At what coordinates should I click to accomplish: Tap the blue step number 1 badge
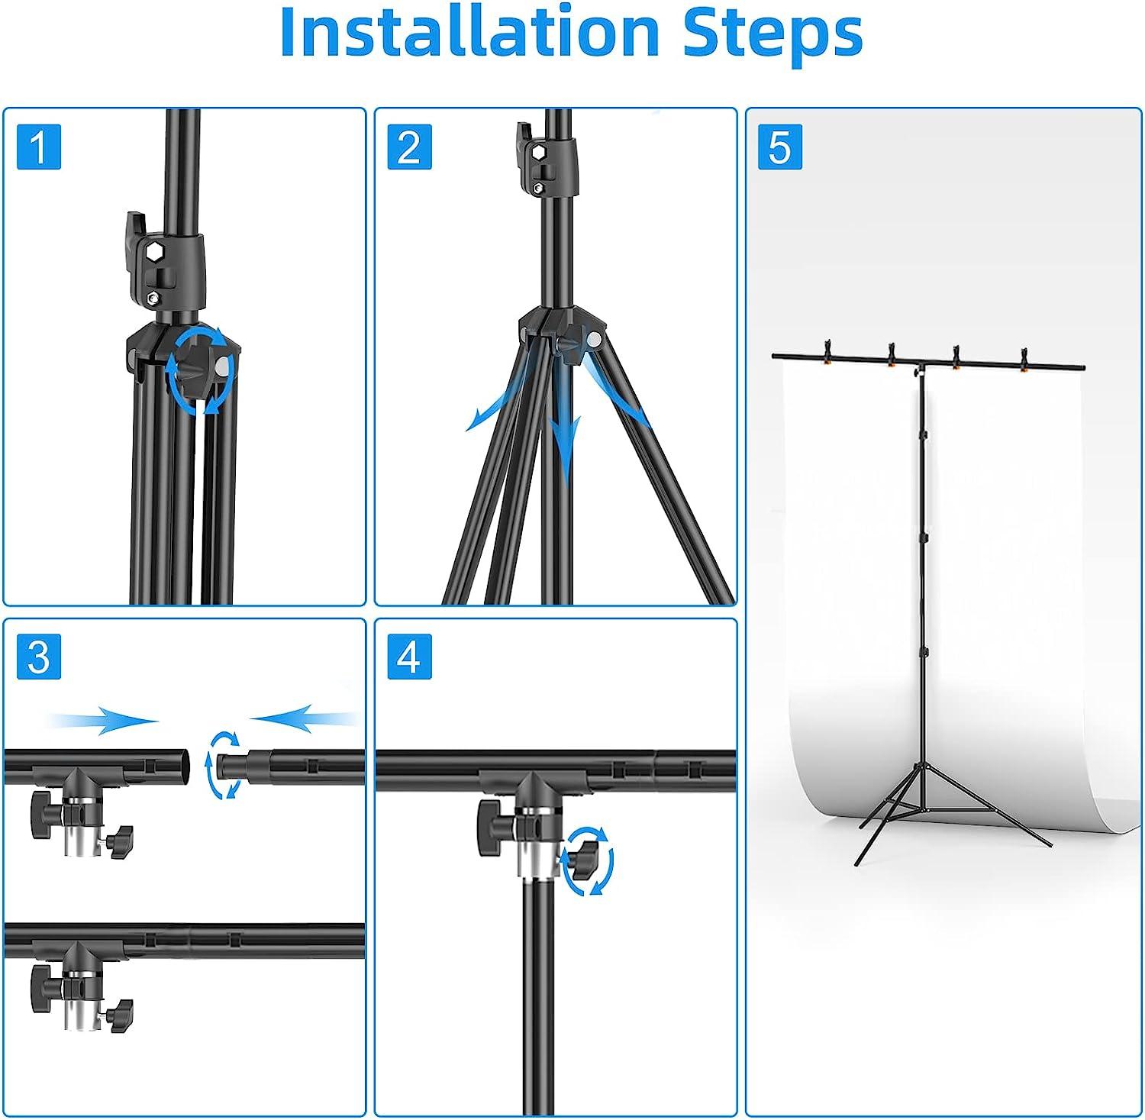click(38, 147)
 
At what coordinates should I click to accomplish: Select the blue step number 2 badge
click(409, 147)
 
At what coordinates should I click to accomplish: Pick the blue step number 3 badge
click(38, 656)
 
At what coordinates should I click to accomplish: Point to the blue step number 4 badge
click(409, 656)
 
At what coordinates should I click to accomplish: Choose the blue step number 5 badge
click(779, 147)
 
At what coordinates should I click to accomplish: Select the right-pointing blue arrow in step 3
click(103, 719)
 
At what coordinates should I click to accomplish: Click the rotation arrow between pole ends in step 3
click(223, 765)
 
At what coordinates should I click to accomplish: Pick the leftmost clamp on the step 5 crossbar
click(827, 353)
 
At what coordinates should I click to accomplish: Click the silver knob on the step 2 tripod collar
click(593, 337)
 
